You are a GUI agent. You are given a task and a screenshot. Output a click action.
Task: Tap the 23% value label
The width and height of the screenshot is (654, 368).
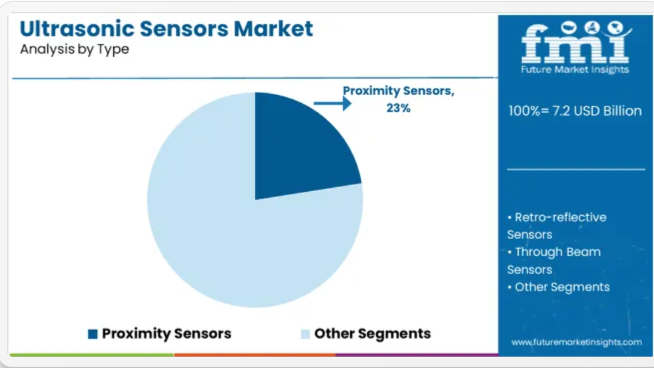tap(398, 108)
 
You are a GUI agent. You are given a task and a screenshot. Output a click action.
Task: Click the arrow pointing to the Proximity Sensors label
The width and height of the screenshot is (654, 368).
tap(332, 103)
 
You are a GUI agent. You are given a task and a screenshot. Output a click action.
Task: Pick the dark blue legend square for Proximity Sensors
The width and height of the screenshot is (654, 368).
tap(93, 334)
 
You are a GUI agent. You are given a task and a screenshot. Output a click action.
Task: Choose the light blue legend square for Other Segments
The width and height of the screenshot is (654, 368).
tap(305, 334)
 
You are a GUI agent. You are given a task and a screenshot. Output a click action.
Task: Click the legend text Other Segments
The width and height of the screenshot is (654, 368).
tap(372, 333)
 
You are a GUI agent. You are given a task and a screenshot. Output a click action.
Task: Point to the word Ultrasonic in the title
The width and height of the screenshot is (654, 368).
tap(77, 29)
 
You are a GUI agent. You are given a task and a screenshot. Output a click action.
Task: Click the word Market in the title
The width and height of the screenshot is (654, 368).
tap(273, 29)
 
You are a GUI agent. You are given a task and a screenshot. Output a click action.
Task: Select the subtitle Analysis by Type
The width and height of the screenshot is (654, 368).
tap(75, 49)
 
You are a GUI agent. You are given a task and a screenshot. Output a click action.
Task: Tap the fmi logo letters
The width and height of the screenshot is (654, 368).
tap(575, 43)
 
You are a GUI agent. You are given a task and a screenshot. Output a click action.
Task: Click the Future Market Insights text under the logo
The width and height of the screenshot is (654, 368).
tap(575, 70)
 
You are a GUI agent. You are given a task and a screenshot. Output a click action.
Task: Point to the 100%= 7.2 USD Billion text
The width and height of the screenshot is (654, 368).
tap(575, 111)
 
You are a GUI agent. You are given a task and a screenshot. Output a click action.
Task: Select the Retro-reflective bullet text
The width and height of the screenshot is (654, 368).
tap(557, 226)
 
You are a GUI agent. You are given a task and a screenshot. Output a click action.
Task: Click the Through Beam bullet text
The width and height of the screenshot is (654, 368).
tap(554, 261)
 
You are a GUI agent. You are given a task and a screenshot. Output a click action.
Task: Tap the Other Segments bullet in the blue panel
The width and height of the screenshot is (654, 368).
tap(559, 287)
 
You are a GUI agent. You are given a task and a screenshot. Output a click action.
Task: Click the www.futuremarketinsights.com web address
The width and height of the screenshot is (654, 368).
tap(577, 342)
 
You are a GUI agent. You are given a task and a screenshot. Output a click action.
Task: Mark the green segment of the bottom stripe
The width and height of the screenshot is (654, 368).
tap(91, 355)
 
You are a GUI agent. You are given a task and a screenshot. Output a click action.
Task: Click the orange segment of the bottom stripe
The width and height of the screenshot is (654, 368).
tap(254, 355)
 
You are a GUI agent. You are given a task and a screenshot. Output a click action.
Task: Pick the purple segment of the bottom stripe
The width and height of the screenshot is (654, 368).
tap(417, 355)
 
